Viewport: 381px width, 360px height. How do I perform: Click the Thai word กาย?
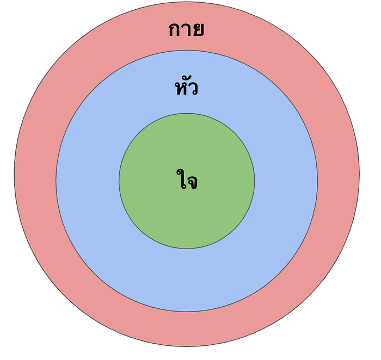point(186,29)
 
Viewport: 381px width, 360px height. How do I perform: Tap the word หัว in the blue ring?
point(186,87)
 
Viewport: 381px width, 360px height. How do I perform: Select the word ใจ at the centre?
point(187,181)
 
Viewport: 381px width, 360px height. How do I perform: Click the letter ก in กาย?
point(175,30)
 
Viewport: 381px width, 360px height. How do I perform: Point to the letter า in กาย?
point(187,30)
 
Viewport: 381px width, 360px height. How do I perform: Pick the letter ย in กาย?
point(198,30)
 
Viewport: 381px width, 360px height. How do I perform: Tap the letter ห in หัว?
point(180,89)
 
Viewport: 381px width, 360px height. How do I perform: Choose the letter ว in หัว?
point(193,89)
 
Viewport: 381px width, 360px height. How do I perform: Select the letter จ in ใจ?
point(192,182)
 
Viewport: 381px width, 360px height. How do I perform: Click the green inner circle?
point(187,218)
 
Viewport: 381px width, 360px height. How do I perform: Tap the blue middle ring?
point(187,277)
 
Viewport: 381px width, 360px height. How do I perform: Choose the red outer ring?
point(187,329)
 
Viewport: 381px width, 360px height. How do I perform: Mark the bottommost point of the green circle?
point(187,249)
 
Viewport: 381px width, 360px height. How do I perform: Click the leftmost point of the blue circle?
point(56,181)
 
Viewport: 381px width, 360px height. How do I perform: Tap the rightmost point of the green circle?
point(254,181)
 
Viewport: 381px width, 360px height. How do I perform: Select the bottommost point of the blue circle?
point(187,312)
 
